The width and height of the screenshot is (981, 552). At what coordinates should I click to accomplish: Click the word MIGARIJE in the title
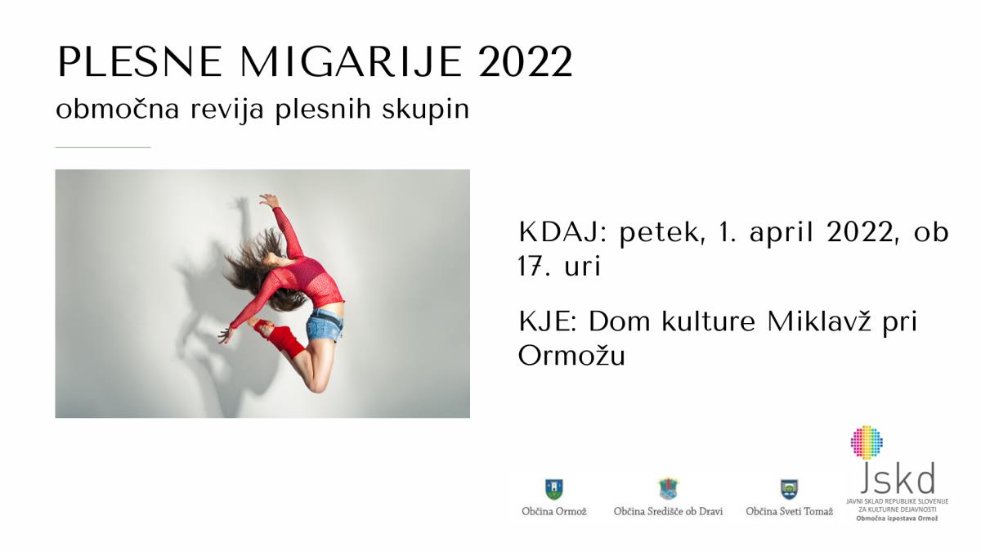coord(352,62)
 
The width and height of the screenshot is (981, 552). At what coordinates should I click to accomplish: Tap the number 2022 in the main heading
coord(526,62)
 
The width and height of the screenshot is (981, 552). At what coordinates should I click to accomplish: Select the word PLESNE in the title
coord(140,62)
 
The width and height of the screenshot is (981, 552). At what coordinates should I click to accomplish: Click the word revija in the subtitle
coord(227,110)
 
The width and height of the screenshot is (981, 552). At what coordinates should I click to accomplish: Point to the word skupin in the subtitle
coord(426,110)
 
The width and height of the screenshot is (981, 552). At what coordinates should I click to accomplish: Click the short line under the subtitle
coord(103,148)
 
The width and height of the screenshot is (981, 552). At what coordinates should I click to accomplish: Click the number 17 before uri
coord(529,265)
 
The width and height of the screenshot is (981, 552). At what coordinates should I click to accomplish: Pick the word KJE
coord(548,322)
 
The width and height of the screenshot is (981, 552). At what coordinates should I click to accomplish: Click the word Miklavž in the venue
coord(819,321)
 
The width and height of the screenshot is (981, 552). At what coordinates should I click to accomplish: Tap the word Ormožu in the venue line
coord(571,355)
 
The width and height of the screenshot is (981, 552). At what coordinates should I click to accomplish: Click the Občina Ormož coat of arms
coord(554,489)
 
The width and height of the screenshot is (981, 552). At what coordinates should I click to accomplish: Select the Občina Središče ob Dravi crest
coord(668,488)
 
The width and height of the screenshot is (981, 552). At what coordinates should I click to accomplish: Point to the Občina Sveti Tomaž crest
coord(789,489)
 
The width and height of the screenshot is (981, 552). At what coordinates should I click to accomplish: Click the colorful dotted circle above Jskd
coord(867,442)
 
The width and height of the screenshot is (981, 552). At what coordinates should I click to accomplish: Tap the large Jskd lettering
coord(898,478)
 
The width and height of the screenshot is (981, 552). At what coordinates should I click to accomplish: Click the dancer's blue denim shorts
coord(325,325)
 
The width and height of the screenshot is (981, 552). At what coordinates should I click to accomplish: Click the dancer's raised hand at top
coord(268,200)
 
